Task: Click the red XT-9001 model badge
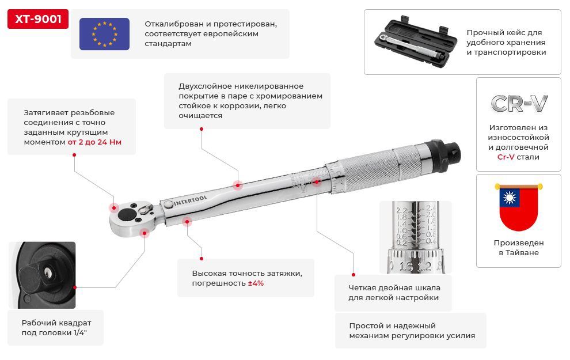[38, 19]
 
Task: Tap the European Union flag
[104, 34]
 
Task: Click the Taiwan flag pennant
[518, 207]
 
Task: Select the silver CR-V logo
[519, 104]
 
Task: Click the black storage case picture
[416, 43]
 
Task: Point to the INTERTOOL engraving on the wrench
[190, 200]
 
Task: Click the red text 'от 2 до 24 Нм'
[94, 142]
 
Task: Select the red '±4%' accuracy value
[256, 283]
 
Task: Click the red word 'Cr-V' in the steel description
[506, 157]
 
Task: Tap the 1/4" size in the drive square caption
[80, 332]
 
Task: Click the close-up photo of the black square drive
[42, 275]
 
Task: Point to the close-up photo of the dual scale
[416, 237]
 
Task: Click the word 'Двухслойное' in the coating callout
[205, 86]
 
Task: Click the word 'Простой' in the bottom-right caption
[364, 326]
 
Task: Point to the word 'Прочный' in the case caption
[483, 33]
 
